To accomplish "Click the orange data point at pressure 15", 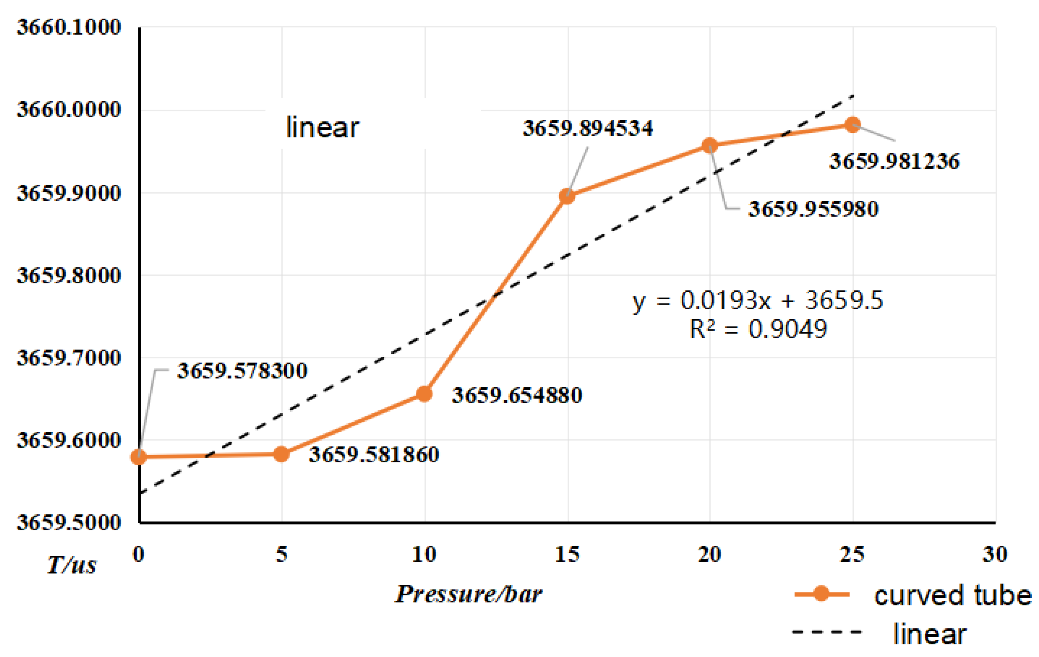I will click(x=567, y=196).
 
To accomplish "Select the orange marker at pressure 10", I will click(x=424, y=393).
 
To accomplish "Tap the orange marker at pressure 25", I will click(x=853, y=125).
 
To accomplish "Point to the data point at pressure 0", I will click(x=138, y=456).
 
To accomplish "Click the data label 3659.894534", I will click(x=588, y=129).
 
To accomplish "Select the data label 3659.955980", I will click(x=813, y=209).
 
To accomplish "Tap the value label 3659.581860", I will click(x=374, y=455).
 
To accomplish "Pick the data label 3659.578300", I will click(x=242, y=371).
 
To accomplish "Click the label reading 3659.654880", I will click(x=517, y=396).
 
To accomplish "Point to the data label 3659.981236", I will click(x=894, y=162).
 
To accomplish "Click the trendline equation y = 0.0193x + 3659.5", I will click(x=758, y=300).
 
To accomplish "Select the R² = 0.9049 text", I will click(x=758, y=330).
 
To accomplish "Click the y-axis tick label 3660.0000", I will click(x=69, y=110).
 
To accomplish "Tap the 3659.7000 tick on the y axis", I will click(x=69, y=358).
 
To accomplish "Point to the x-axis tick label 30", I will click(x=995, y=555).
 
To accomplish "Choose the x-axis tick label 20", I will click(x=710, y=555).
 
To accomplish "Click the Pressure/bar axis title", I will click(x=468, y=595).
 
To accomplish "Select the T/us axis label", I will click(x=72, y=565).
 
